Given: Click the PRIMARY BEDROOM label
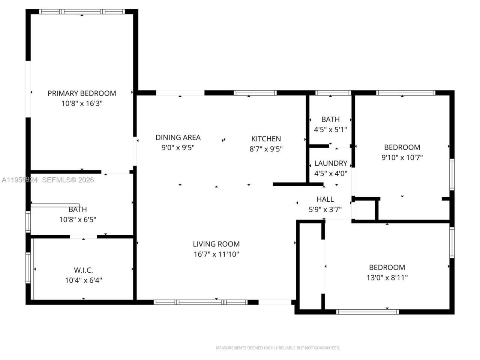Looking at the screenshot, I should [x=82, y=93].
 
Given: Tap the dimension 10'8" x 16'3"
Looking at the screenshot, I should [x=82, y=103].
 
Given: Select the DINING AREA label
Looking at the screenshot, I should [x=178, y=138].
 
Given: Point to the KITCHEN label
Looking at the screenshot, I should [x=266, y=139].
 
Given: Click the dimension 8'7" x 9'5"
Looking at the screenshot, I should [x=266, y=149].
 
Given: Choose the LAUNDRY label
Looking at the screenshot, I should [x=330, y=163].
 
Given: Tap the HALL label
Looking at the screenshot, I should [x=325, y=199].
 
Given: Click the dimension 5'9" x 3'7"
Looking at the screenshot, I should [x=325, y=210].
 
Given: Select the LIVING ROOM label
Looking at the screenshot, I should [x=216, y=244].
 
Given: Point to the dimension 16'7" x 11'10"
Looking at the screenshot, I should [x=216, y=254].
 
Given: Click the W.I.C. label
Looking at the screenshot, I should [x=83, y=270].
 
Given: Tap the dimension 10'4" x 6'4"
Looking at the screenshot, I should [x=83, y=280].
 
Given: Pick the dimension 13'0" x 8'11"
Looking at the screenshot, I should [x=387, y=278].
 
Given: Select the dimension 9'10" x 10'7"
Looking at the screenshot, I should [x=402, y=157].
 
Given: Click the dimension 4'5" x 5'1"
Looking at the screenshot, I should [x=330, y=130].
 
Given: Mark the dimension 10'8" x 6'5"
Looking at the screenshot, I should [x=78, y=220].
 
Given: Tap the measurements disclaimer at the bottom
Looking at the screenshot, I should [x=278, y=348].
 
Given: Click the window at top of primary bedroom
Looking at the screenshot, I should [x=82, y=12].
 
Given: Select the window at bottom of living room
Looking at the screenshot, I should [x=201, y=302].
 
